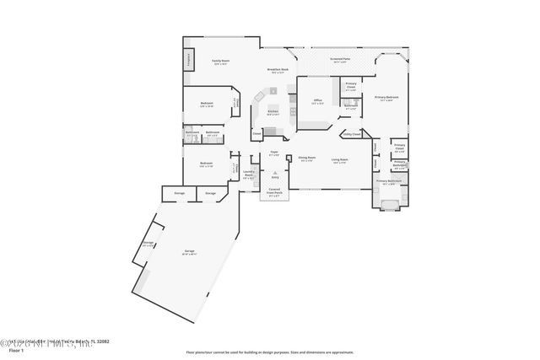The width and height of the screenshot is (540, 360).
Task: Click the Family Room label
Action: click(x=221, y=62)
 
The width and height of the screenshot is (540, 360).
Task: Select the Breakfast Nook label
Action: click(x=278, y=70)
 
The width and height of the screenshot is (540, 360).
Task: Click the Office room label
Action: click(x=318, y=101)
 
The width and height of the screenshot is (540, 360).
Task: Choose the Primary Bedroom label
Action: click(x=387, y=98)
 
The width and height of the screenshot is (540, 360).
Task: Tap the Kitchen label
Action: click(x=273, y=112)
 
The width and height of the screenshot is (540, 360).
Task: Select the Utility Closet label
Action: click(x=351, y=133)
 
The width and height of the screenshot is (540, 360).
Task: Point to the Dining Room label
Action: click(x=306, y=158)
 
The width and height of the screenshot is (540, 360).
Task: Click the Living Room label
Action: click(x=340, y=159)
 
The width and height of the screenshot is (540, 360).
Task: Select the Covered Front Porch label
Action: click(x=274, y=192)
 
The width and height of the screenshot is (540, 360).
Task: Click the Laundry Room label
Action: click(x=249, y=175)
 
